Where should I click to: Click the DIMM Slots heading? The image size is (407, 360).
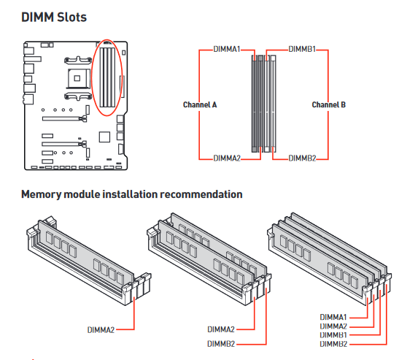click(54, 18)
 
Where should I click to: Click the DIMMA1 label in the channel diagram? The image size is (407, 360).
click(227, 49)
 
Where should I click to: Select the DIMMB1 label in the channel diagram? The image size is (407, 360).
click(302, 49)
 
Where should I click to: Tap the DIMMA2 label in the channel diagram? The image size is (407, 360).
click(227, 158)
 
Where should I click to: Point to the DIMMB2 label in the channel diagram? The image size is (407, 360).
click(302, 158)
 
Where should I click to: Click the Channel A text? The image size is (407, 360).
click(200, 104)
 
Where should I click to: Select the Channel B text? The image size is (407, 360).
click(329, 104)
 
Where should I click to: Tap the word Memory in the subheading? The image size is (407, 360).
click(42, 194)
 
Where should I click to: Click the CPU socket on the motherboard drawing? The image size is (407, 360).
click(77, 78)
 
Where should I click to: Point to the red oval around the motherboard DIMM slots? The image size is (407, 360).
click(93, 78)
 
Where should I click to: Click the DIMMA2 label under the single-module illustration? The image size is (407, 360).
click(101, 330)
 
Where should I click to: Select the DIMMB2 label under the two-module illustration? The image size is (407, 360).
click(221, 344)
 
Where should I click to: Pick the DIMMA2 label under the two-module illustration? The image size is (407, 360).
click(221, 329)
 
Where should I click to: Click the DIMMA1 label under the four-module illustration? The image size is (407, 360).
click(333, 317)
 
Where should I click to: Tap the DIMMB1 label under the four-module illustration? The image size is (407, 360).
click(333, 334)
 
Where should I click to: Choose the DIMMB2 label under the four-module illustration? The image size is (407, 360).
click(333, 344)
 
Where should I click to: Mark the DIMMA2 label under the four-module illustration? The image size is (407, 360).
click(333, 326)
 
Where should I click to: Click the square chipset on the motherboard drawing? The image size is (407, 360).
click(104, 137)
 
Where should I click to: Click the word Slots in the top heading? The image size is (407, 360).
click(71, 18)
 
